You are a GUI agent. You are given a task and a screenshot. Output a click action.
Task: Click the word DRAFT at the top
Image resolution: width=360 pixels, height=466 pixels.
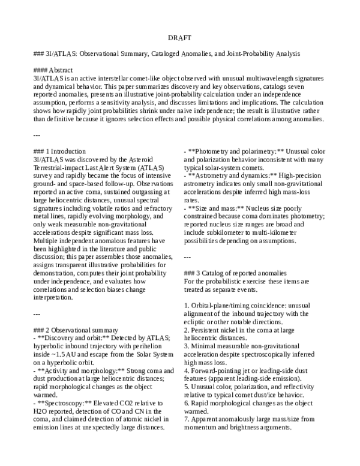coord(179,37)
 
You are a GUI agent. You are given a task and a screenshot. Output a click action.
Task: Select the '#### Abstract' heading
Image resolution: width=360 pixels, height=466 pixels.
coord(54,70)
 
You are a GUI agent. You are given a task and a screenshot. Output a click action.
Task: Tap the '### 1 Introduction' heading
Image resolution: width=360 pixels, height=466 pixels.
coord(60,150)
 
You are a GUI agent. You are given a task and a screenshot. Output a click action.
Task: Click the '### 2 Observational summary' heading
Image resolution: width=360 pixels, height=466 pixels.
coord(76,330)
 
